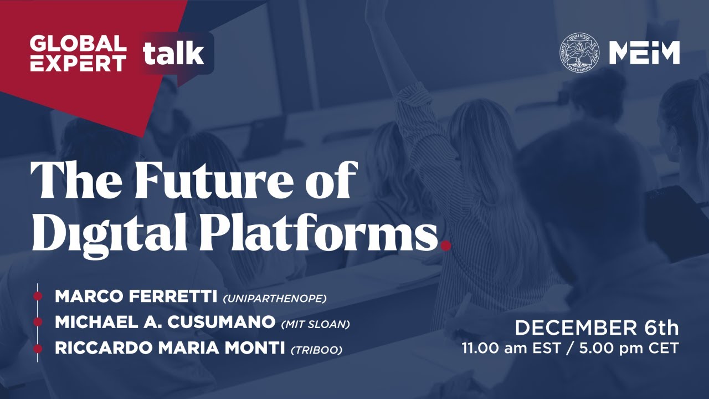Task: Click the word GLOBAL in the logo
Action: tap(78, 43)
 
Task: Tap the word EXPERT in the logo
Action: tap(78, 63)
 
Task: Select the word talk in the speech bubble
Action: tap(173, 54)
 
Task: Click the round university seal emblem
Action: tap(579, 53)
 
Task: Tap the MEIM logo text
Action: tap(644, 53)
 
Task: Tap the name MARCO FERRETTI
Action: tap(136, 297)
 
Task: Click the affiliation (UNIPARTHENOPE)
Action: tap(275, 299)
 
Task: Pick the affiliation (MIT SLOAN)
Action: tap(316, 324)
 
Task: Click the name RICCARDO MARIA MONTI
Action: tap(169, 349)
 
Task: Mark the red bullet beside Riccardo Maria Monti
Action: tap(38, 349)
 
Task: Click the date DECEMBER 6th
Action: tap(597, 328)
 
